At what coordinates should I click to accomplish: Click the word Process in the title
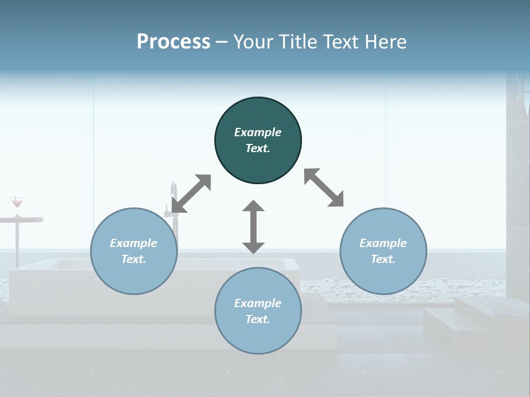pos(173,42)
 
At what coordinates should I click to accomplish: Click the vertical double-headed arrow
pos(253,227)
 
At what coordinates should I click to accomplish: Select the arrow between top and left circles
pos(191,194)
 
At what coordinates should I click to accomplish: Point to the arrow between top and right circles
pos(324,187)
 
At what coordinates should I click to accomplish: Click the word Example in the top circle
pos(258,132)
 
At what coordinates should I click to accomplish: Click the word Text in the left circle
pos(134,259)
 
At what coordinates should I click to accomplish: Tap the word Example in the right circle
pos(383,243)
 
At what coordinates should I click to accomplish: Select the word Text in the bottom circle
pos(258,319)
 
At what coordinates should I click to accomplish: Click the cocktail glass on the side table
pos(18,204)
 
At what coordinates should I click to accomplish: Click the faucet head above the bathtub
pos(173,187)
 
